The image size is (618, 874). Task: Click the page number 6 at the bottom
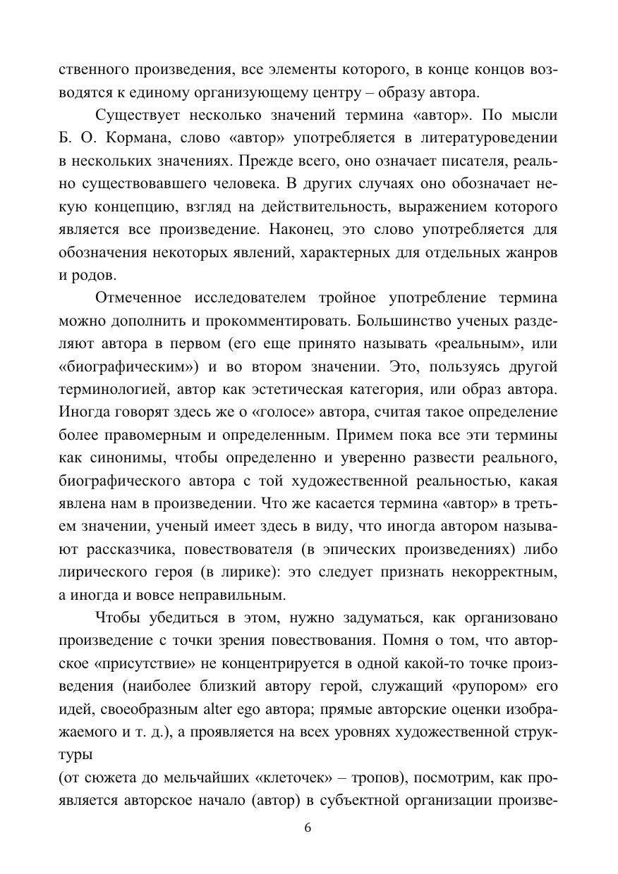[x=308, y=827]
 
